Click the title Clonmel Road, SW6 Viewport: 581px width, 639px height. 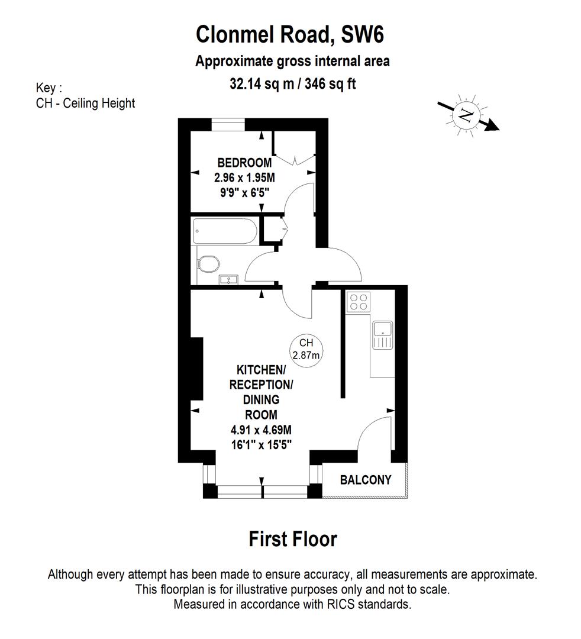pos(290,35)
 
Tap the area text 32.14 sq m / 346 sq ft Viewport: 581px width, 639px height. pos(292,83)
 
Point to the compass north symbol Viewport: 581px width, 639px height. pos(468,115)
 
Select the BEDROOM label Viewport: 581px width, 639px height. pos(244,163)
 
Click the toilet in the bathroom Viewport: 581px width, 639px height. pos(208,264)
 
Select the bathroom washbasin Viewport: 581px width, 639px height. pos(228,279)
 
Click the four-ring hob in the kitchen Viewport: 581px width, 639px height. pos(357,302)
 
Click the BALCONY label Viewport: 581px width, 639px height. pos(365,480)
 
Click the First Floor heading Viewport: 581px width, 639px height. pos(292,539)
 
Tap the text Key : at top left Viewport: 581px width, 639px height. pos(49,88)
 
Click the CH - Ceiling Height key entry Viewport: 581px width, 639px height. pos(85,103)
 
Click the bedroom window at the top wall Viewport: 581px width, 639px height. pos(228,124)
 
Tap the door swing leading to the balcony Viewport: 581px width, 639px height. pos(375,435)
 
